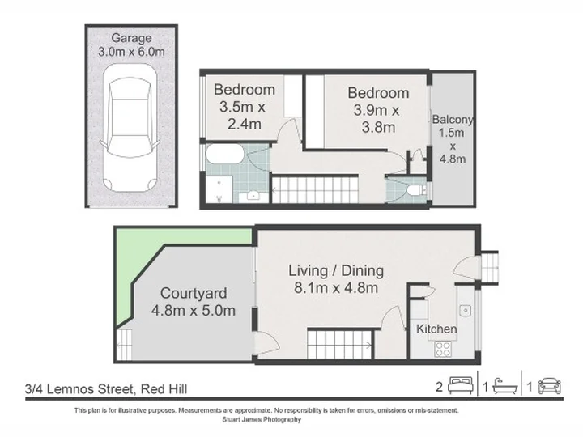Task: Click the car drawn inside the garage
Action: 130,128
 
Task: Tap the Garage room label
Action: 131,38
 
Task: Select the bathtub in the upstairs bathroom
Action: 225,154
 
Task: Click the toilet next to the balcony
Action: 417,190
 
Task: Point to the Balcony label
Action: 453,119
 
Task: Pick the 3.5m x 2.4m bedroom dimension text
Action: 242,116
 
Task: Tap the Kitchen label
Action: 436,329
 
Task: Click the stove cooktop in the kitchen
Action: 443,349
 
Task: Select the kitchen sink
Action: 465,310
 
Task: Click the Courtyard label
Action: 194,293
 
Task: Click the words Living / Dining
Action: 336,270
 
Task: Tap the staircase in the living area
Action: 340,345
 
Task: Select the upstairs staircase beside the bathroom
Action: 315,190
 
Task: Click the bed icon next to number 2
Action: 461,385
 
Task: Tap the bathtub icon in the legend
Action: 505,386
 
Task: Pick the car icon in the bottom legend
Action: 550,386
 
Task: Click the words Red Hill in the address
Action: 164,389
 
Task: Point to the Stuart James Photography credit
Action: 262,419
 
